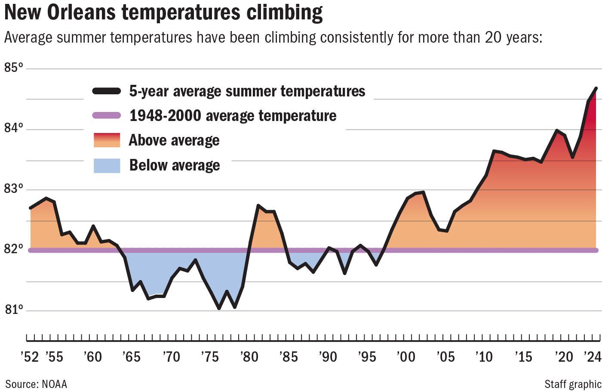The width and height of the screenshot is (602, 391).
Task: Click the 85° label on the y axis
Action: point(13,68)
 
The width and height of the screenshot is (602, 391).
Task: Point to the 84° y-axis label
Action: point(13,128)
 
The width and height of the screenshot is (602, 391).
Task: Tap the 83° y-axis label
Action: point(13,189)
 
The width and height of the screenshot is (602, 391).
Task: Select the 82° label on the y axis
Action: point(13,249)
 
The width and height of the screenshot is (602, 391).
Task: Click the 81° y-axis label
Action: point(13,310)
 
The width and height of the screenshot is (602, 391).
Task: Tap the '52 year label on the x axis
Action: point(29,357)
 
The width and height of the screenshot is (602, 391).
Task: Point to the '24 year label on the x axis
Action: point(592,357)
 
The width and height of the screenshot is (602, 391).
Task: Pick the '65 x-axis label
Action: point(131,357)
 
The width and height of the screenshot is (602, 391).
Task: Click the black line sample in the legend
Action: point(107,91)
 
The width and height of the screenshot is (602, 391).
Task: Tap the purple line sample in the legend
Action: point(107,115)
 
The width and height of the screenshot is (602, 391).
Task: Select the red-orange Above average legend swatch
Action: point(107,140)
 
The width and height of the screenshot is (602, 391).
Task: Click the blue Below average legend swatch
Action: point(107,165)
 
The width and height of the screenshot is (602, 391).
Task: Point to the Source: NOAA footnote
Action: point(36,384)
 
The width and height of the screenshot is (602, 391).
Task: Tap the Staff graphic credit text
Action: point(572,384)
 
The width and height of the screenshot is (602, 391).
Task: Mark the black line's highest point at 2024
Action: point(596,88)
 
